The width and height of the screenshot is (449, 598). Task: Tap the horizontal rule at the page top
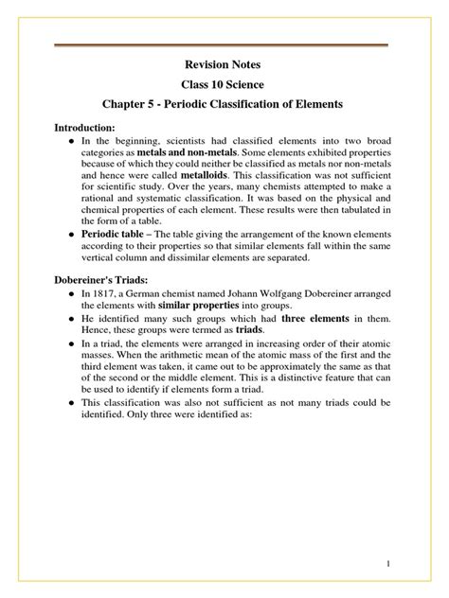pyautogui.click(x=224, y=44)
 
